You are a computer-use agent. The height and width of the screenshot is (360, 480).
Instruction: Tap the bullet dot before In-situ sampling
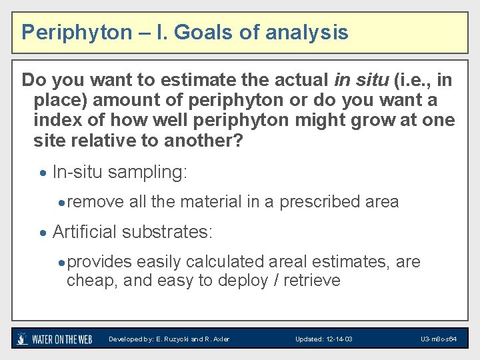(x=43, y=173)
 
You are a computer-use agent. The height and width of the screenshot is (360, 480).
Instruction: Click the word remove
(x=95, y=201)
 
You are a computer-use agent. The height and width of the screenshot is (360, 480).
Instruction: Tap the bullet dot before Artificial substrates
(x=43, y=233)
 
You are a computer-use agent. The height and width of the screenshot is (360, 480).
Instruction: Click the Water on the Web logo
(x=55, y=339)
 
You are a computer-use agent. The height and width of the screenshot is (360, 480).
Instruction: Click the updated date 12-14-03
(x=338, y=339)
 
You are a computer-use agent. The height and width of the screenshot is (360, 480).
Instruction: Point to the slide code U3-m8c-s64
(x=439, y=339)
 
